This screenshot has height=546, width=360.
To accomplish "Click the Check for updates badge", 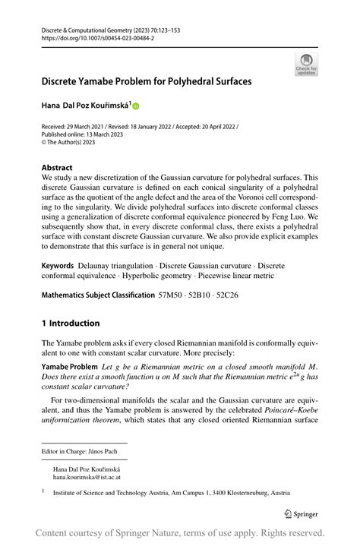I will click(x=306, y=65).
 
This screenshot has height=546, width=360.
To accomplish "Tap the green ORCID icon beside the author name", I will click(x=136, y=106).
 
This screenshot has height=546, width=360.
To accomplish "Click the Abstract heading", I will click(x=57, y=167).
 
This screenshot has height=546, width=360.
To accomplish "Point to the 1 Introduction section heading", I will click(x=70, y=323).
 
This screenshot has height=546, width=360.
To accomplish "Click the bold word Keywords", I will click(x=58, y=267).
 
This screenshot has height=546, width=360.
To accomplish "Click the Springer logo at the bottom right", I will click(x=302, y=513).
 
